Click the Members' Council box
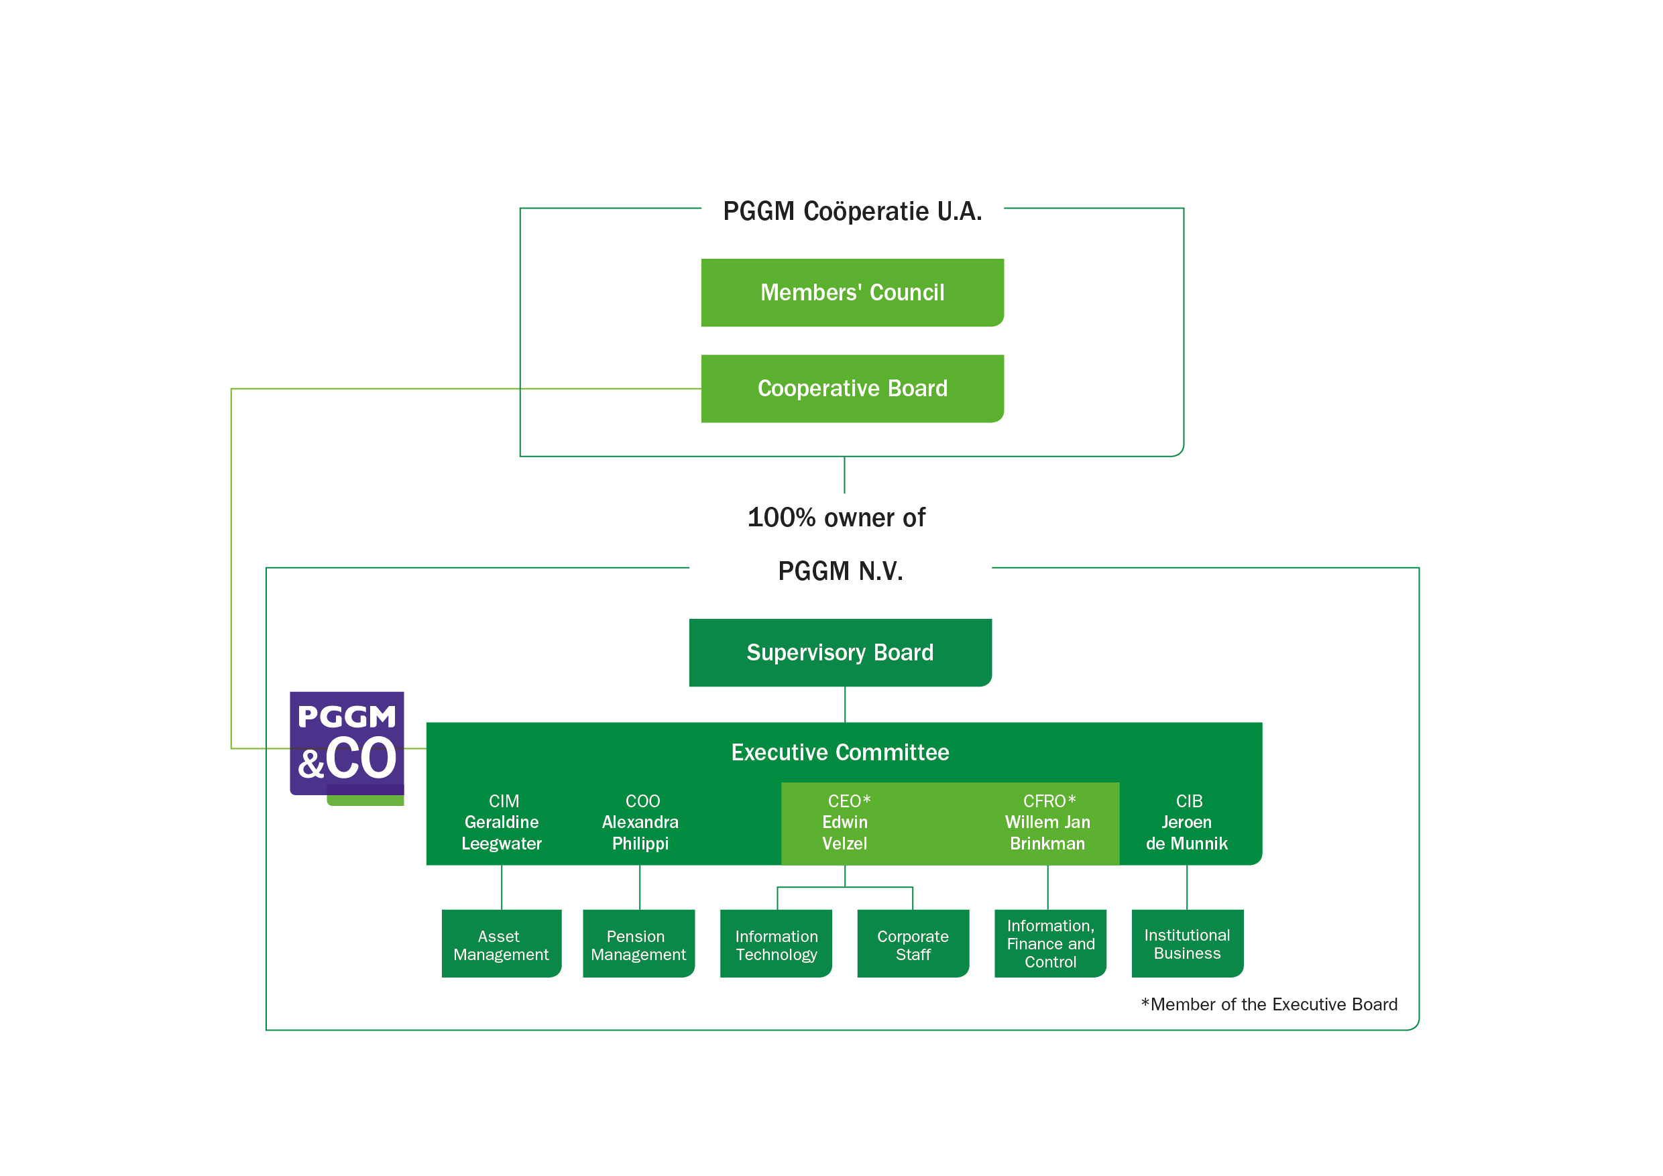852,292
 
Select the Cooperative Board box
852,388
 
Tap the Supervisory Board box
840,652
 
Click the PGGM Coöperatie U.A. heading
852,211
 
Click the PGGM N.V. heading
840,571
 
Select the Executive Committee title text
840,752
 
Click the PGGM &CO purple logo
347,744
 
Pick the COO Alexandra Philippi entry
640,823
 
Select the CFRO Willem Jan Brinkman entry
1047,823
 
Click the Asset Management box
500,944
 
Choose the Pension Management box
638,944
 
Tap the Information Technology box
776,944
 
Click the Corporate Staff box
913,944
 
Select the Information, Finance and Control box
1050,943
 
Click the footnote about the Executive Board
1269,1004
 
